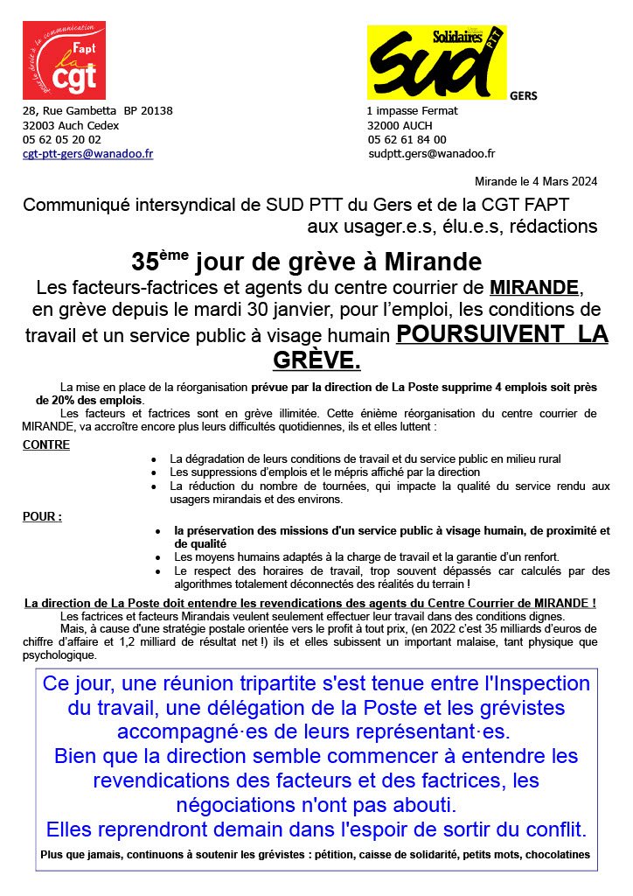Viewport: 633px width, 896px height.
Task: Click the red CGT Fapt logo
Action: [x=64, y=60]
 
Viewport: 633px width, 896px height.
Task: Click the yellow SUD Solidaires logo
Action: [x=435, y=61]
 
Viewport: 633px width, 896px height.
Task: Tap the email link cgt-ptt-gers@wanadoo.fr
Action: [x=87, y=153]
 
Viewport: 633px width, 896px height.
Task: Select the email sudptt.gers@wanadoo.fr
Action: [x=431, y=153]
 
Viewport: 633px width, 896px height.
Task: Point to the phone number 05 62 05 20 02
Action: [x=61, y=139]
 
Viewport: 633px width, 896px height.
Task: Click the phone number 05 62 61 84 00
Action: [x=407, y=139]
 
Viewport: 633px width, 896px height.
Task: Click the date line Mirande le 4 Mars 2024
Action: [x=536, y=182]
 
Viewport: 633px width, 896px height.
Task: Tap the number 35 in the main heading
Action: [x=143, y=262]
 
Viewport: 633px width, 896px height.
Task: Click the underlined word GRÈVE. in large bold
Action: [x=316, y=360]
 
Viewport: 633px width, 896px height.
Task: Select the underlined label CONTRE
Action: [x=46, y=444]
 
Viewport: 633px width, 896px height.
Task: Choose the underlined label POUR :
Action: [x=42, y=516]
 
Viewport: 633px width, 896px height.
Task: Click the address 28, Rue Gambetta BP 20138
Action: [x=97, y=111]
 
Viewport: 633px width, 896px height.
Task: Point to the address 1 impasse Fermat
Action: [x=412, y=111]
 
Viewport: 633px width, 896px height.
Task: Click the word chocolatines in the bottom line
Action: [x=558, y=854]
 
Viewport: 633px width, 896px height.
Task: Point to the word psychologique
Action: [x=59, y=654]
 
